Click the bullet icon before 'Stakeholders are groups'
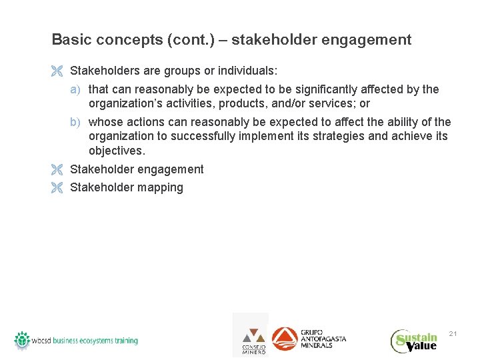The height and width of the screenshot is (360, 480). pos(57,71)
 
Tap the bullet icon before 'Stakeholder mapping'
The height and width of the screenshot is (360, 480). pos(57,188)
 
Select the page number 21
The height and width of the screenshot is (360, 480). pos(453,333)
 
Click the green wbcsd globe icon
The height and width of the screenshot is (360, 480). pos(23,339)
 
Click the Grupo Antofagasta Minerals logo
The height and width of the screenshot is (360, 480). pos(309,338)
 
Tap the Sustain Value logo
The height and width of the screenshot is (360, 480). pos(414,341)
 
